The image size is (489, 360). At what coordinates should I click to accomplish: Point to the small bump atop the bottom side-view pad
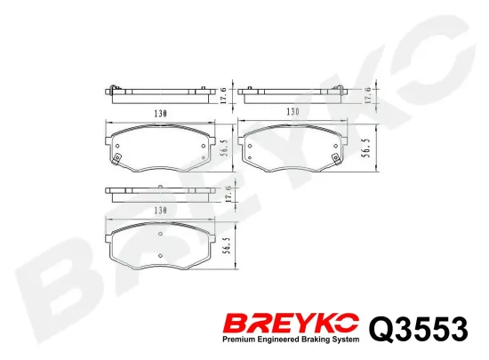[160, 186]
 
